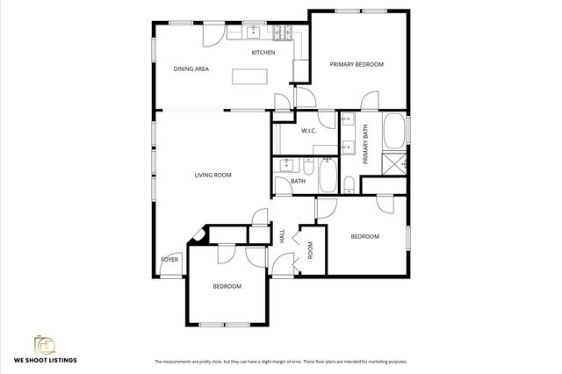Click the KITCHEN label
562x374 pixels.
(263, 53)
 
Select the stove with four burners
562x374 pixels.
(283, 33)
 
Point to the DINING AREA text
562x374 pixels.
(191, 68)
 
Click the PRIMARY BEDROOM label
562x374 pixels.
(357, 65)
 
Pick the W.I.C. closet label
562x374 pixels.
(308, 131)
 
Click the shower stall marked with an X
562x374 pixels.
(394, 163)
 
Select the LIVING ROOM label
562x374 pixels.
(213, 176)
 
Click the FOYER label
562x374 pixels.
(169, 261)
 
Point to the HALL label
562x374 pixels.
(282, 236)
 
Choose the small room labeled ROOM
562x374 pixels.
(310, 249)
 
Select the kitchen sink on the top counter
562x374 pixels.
(253, 33)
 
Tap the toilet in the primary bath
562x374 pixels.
(349, 183)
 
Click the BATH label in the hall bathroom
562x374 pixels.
(299, 182)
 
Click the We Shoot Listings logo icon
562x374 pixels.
(42, 343)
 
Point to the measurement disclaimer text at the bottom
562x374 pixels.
(280, 362)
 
